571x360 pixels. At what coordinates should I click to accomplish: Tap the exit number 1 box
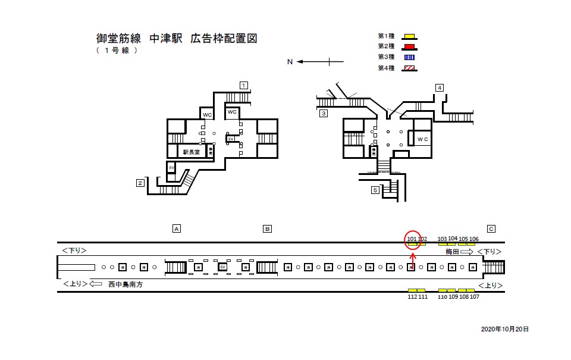click(244, 84)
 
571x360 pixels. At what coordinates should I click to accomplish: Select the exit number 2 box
click(140, 183)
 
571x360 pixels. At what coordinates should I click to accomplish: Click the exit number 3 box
click(324, 113)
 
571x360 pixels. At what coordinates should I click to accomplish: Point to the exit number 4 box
click(440, 88)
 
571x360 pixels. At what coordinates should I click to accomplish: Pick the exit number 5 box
click(375, 190)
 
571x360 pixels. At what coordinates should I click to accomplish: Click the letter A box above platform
click(176, 228)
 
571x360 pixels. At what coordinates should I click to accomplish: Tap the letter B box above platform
click(268, 228)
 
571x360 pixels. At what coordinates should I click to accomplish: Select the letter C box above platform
click(491, 228)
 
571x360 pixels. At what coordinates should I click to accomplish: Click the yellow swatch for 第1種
click(409, 36)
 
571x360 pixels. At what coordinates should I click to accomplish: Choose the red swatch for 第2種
click(409, 46)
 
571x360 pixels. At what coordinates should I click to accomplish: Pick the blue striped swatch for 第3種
click(409, 57)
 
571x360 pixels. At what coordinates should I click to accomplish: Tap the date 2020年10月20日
click(504, 329)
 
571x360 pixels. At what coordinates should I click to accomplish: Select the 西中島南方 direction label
click(127, 285)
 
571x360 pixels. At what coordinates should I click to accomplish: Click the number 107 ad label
click(474, 296)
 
